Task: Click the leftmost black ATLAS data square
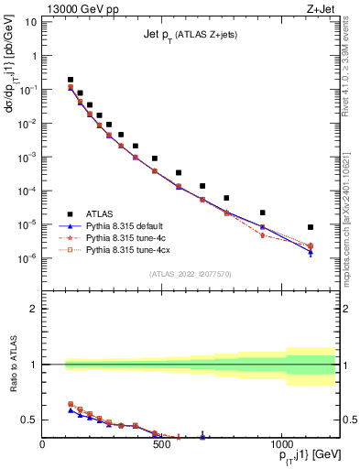[71, 80]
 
